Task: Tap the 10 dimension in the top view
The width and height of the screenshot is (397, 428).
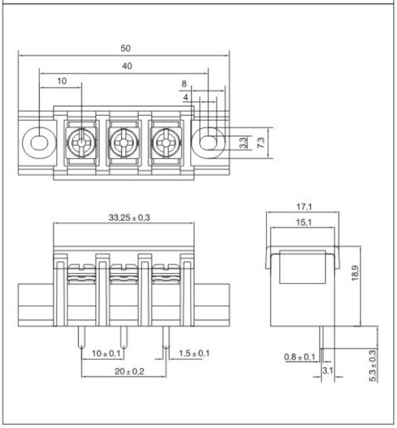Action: tap(61, 82)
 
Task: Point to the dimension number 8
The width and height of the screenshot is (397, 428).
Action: tap(184, 84)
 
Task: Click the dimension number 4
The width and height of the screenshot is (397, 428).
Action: tap(185, 98)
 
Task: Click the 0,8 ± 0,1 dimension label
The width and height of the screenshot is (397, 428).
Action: tap(299, 357)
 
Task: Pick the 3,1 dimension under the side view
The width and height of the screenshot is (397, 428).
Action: tap(327, 370)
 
